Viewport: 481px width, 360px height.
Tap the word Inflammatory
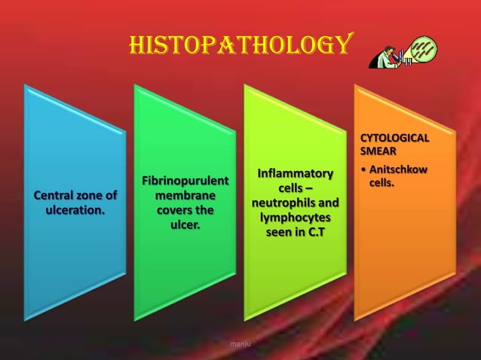tap(295, 175)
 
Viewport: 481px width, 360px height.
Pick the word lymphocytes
tap(295, 218)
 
